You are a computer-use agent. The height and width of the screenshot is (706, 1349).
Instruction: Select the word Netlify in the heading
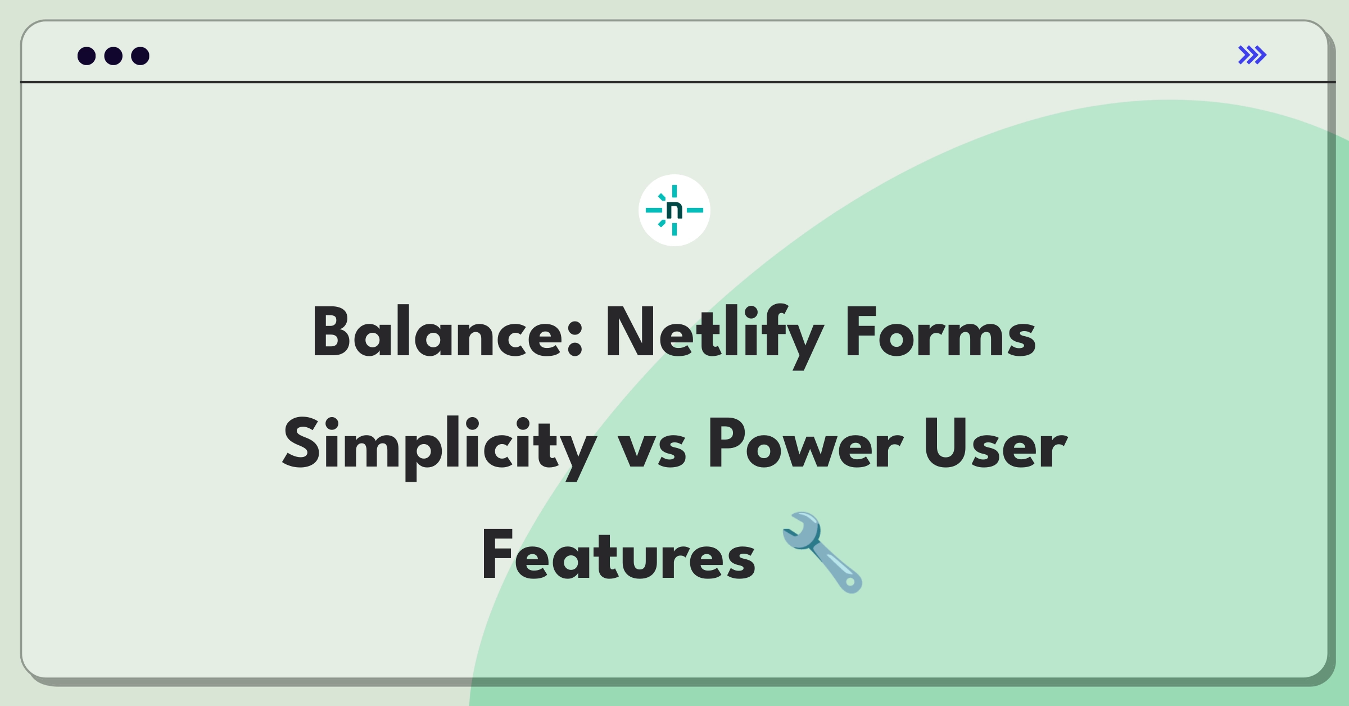(x=714, y=336)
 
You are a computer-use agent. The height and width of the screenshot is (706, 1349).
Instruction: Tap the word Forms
(x=940, y=332)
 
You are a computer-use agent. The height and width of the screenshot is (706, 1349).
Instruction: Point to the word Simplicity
(x=439, y=447)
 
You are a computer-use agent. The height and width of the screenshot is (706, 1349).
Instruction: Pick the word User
(x=995, y=444)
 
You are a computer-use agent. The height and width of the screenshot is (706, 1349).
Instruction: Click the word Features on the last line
(x=618, y=555)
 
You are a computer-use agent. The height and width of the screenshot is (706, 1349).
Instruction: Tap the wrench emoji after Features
(x=822, y=552)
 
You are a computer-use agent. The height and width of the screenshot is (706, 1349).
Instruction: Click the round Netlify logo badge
(x=674, y=210)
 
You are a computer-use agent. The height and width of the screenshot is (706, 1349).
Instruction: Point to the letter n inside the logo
(x=674, y=210)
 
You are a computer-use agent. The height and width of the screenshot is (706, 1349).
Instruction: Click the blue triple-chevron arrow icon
(x=1252, y=55)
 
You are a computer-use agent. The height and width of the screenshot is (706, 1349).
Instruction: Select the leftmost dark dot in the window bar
(x=87, y=56)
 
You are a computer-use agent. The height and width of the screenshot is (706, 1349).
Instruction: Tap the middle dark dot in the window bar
(x=114, y=56)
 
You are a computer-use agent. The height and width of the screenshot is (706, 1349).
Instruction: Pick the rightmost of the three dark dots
(x=141, y=56)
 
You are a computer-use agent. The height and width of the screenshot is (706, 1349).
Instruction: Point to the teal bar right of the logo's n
(x=695, y=210)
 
